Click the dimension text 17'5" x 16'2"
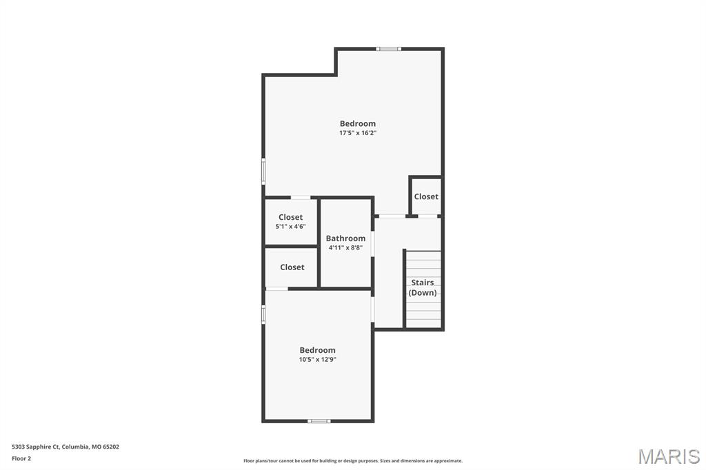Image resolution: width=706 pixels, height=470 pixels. tap(358, 133)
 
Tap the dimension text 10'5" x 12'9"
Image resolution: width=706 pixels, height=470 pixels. tap(317, 359)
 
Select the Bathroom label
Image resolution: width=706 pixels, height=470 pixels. tap(346, 238)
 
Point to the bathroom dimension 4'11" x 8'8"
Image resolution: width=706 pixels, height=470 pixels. tap(346, 247)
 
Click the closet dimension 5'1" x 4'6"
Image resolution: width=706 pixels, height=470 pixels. tap(290, 227)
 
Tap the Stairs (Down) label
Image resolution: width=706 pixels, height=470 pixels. tap(423, 287)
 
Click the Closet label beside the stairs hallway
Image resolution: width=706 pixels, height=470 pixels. tap(426, 196)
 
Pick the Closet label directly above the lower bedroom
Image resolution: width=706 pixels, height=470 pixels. tap(292, 267)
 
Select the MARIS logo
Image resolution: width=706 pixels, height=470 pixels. tap(669, 456)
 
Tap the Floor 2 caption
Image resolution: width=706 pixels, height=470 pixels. tap(21, 459)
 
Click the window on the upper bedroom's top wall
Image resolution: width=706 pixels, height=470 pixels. tap(389, 49)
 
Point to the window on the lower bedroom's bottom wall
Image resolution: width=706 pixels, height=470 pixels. tap(319, 421)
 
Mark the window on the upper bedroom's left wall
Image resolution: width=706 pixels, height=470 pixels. tap(263, 171)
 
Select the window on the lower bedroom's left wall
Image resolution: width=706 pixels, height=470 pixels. tap(263, 314)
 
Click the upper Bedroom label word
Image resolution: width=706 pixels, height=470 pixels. tap(358, 123)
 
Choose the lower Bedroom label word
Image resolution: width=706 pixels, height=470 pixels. tap(317, 350)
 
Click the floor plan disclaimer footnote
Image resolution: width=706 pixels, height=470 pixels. tap(353, 460)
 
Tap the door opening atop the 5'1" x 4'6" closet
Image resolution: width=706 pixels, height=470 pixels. tap(301, 198)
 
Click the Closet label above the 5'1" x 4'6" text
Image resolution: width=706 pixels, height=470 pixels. tap(290, 217)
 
